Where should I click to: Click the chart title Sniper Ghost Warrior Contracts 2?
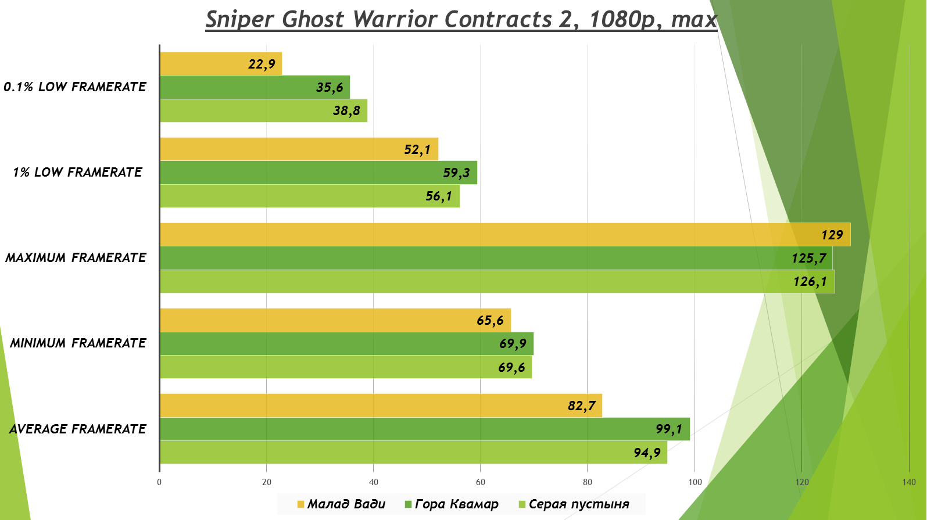click(461, 19)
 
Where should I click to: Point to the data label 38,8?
click(346, 110)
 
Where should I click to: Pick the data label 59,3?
click(456, 173)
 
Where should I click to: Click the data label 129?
click(832, 235)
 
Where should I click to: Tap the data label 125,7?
click(808, 258)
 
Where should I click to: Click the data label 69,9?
click(513, 343)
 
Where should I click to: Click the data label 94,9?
click(647, 453)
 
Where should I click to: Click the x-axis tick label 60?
click(480, 482)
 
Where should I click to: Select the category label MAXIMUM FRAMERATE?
click(76, 257)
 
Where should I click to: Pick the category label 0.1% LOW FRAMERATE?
click(75, 87)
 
